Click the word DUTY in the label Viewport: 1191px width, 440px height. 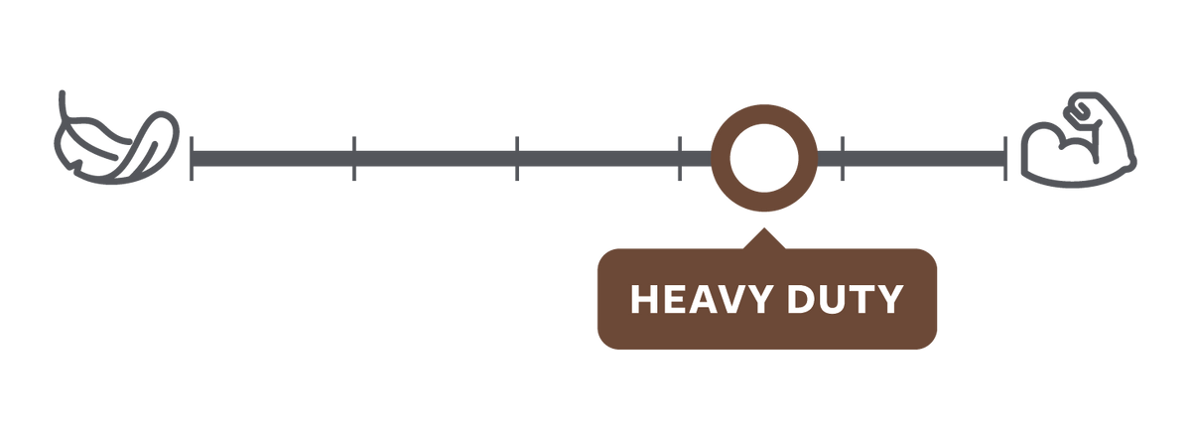(845, 299)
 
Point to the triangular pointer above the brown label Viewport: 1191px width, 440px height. (764, 239)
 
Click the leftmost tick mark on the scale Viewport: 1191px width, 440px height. (192, 159)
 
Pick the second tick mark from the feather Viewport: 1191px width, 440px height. (354, 159)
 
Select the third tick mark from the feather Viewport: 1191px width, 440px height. (517, 159)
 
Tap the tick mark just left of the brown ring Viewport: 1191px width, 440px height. (680, 159)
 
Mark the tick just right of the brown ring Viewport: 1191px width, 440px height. (843, 159)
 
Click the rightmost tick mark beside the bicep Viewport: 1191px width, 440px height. (1005, 159)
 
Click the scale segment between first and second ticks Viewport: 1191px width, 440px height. (273, 159)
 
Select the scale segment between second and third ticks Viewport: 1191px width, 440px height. (436, 159)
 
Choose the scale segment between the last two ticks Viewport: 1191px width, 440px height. (924, 159)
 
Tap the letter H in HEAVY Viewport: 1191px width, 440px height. (642, 299)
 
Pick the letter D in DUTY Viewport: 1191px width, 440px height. (800, 299)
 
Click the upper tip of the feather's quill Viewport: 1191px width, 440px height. (63, 93)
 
